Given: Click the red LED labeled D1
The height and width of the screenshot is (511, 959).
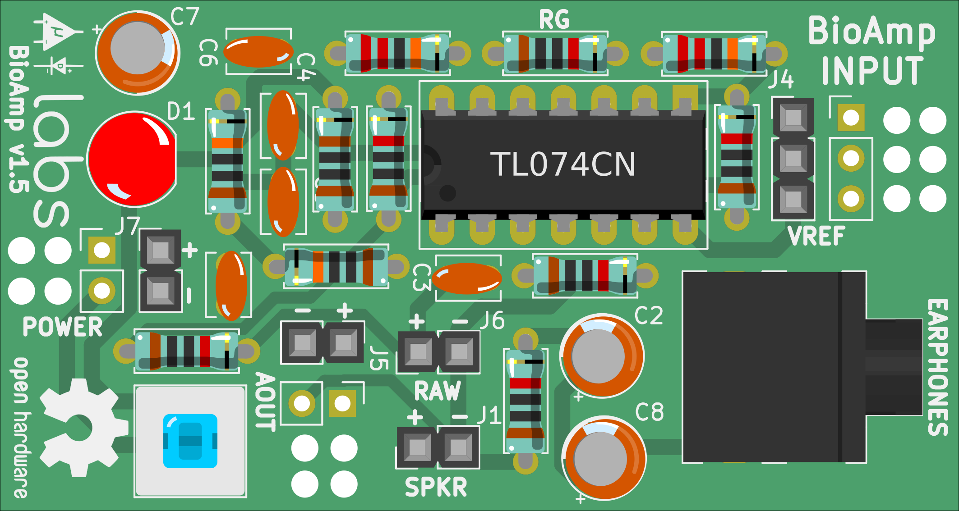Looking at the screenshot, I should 132,159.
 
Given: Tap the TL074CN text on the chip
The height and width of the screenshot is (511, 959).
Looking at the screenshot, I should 563,164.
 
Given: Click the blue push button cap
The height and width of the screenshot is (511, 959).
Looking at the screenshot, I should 190,441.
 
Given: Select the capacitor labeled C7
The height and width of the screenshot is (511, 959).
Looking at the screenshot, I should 138,53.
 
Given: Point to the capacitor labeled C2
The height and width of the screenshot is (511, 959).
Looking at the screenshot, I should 601,356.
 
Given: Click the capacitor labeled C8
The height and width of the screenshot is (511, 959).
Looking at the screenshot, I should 604,459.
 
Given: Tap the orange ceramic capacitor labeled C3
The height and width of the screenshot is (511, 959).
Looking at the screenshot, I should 467,278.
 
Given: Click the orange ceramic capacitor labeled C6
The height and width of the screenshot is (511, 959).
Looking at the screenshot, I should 258,51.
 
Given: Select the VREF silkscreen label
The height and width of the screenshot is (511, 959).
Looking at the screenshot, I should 816,236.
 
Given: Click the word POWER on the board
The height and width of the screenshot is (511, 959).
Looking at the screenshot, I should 63,327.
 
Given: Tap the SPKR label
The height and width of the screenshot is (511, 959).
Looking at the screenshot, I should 436,487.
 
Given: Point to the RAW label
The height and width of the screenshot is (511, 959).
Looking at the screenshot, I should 438,391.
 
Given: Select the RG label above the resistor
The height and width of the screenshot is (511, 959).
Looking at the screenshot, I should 554,20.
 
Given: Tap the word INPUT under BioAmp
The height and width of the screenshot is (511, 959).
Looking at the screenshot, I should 872,70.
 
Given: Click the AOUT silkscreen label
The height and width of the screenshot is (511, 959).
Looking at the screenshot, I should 265,401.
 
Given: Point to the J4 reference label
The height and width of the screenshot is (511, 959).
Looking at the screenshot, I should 781,80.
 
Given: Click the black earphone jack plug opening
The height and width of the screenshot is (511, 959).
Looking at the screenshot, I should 893,367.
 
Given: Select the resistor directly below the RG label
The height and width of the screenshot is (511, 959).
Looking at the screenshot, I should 555,54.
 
